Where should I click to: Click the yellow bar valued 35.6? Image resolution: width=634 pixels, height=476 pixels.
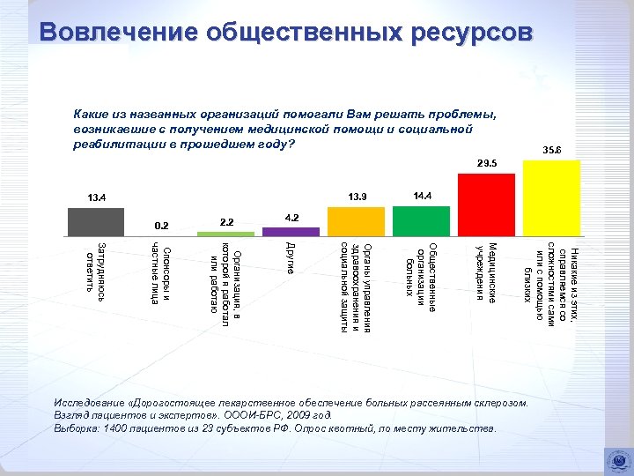click(551, 202)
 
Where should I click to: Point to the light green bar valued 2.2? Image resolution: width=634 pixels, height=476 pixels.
click(232, 234)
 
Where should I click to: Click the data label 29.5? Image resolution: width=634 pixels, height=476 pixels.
click(487, 163)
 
